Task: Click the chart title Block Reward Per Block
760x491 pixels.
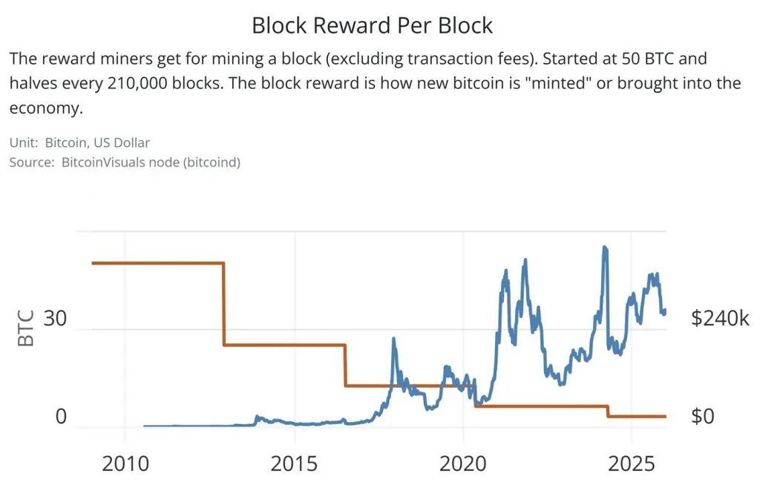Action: click(372, 25)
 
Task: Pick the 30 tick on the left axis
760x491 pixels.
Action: click(56, 319)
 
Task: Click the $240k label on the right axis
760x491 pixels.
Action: click(720, 319)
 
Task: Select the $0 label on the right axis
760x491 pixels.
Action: click(702, 417)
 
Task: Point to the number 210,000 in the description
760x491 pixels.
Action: click(141, 82)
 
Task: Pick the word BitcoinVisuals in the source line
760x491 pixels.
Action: click(99, 161)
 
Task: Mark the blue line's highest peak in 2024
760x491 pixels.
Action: click(605, 247)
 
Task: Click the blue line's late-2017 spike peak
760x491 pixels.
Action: click(393, 339)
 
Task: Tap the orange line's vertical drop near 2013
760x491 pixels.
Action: click(224, 305)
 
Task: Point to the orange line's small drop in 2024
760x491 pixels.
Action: click(607, 411)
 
